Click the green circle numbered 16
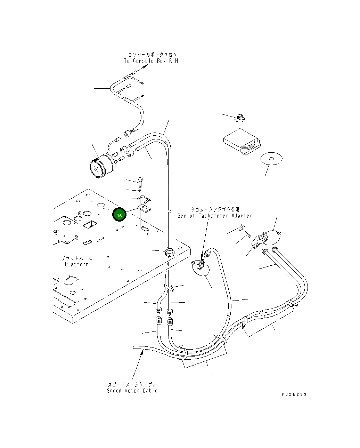click(x=119, y=215)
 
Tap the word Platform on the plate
click(x=77, y=264)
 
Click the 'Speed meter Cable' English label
click(x=132, y=391)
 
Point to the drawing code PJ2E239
click(x=294, y=394)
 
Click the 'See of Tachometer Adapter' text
click(x=215, y=216)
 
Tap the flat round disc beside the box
click(x=271, y=159)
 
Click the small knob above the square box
click(x=239, y=117)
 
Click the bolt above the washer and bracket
click(x=140, y=182)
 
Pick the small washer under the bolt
click(x=140, y=191)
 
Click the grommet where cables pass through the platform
click(x=169, y=251)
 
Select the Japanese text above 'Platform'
click(x=77, y=258)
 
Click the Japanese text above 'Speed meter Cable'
click(x=132, y=384)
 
